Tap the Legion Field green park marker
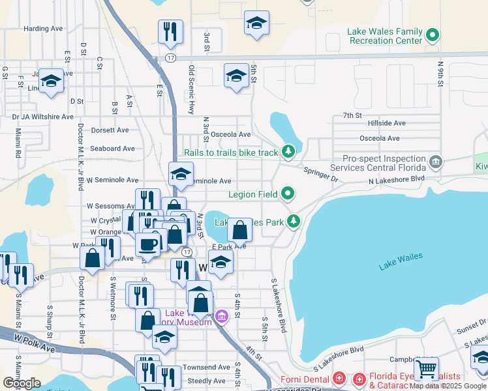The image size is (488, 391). click(288, 194)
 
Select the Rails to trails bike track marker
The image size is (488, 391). click(288, 152)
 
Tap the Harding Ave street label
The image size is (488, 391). click(43, 29)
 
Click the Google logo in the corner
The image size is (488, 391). click(22, 383)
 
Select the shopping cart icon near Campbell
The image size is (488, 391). click(426, 369)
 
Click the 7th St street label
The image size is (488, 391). click(352, 115)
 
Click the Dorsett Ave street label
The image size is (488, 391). click(108, 130)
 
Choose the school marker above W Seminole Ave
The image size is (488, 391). click(181, 173)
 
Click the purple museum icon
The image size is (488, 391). click(221, 317)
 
